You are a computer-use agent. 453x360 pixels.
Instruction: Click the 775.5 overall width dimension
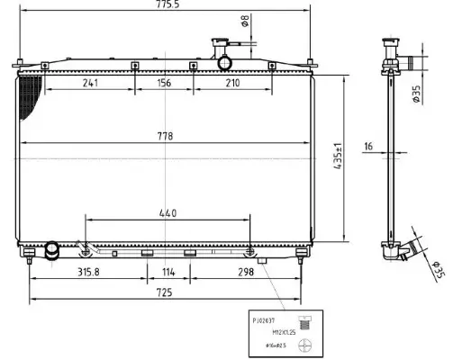pos(167,6)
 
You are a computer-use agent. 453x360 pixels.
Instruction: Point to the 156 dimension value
pos(163,83)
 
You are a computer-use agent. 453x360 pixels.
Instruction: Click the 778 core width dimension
pos(164,136)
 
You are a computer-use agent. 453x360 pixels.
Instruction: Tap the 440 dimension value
pos(168,212)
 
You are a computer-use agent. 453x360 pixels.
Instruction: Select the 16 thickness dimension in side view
pos(369,147)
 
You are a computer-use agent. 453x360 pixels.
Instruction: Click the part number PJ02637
pos(267,319)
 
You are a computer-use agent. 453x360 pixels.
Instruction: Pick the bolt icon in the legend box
pos(306,319)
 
